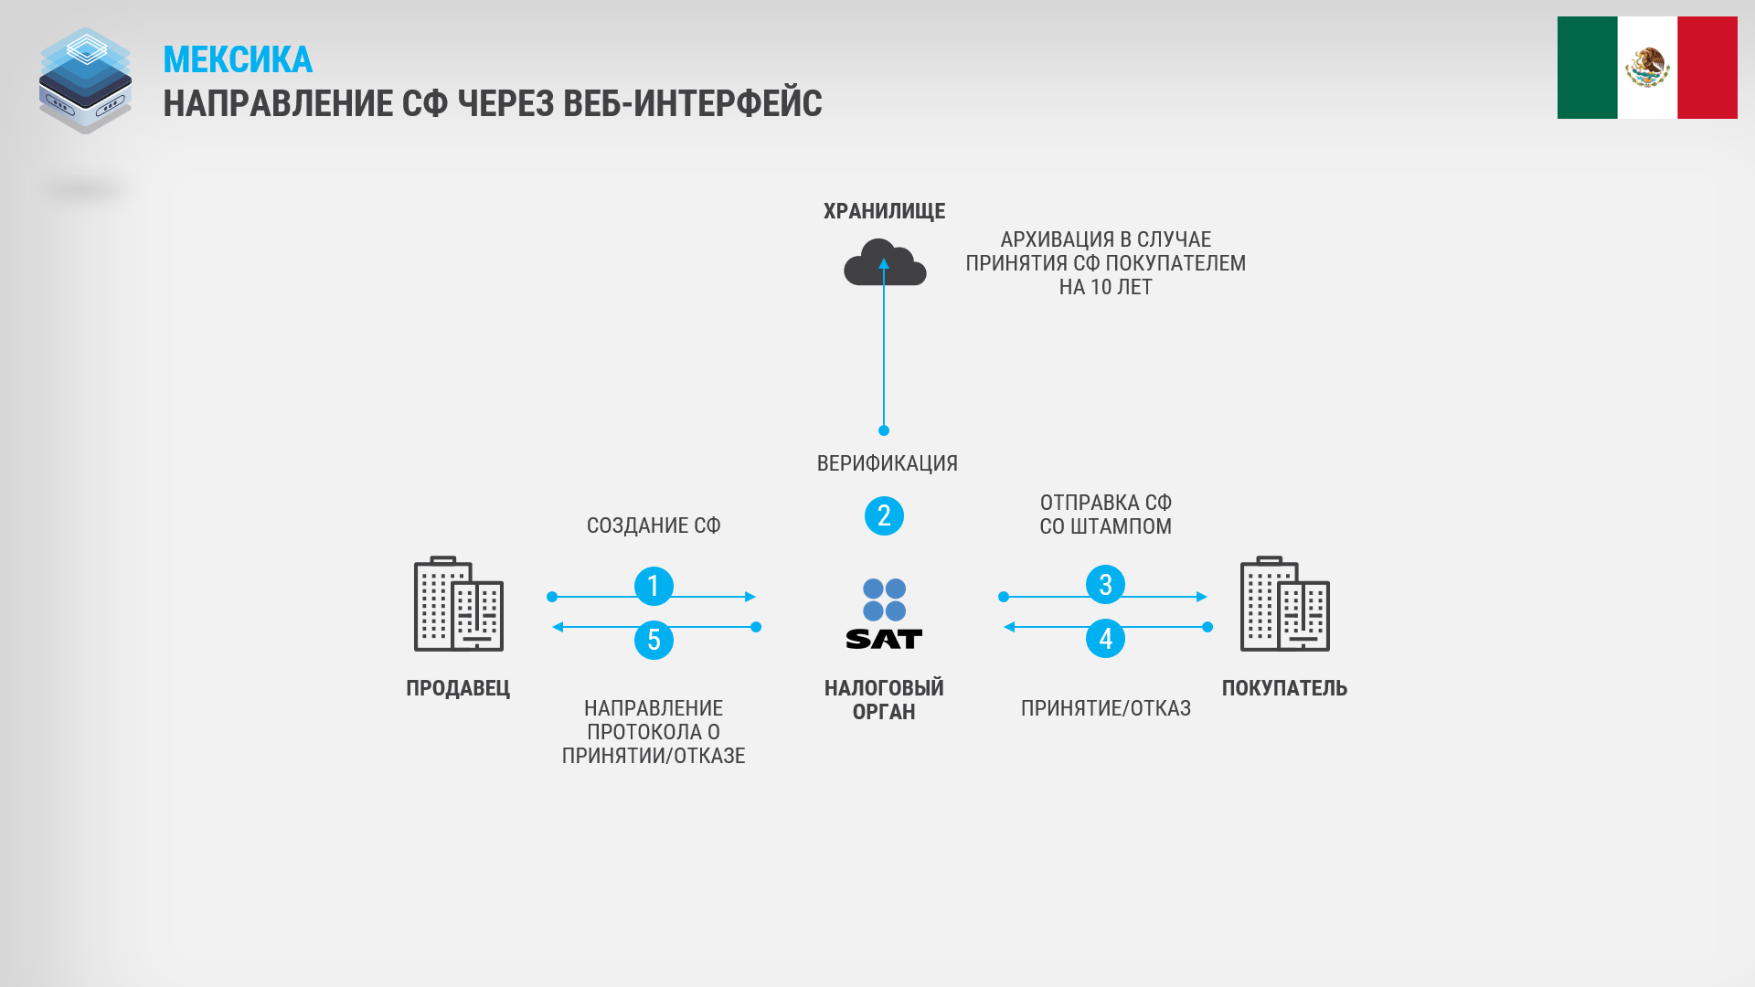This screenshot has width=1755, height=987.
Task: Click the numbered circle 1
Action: point(654,586)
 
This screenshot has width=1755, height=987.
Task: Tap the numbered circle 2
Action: point(884,516)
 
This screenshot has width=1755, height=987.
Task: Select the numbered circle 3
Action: point(1105,585)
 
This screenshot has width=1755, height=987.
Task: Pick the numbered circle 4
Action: point(1105,638)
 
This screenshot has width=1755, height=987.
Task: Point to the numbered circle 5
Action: point(654,640)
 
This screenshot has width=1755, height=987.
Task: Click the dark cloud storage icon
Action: point(885,262)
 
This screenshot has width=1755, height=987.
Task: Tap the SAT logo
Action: point(884,613)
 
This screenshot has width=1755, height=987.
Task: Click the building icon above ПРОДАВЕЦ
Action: point(459,603)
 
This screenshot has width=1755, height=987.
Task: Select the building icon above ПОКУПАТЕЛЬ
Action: point(1285,603)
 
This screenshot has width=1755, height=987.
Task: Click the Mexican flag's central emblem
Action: point(1647,67)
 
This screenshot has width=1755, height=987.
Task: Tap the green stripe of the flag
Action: point(1588,68)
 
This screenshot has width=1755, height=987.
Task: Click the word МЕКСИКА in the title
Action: point(238,60)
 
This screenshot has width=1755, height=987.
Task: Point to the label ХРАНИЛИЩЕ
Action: point(884,211)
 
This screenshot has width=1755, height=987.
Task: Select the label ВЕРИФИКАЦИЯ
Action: point(887,463)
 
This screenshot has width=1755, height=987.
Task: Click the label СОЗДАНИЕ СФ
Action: point(654,525)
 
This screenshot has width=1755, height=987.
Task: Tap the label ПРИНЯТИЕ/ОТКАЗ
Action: point(1106,708)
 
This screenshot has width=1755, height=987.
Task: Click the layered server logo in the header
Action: point(85,80)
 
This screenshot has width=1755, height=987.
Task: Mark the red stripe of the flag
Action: point(1707,68)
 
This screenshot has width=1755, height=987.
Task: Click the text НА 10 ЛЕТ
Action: point(1105,287)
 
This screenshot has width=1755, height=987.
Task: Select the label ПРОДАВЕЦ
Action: point(458,688)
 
